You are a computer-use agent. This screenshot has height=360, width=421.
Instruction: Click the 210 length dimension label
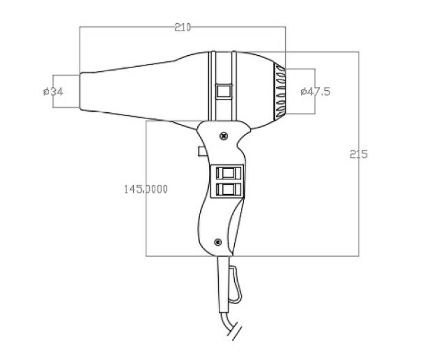[x=182, y=27]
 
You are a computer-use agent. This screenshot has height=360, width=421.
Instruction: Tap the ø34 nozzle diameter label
[x=53, y=92]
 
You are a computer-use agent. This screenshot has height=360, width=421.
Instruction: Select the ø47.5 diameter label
[x=315, y=92]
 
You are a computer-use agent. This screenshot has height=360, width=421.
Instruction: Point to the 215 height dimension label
[x=359, y=154]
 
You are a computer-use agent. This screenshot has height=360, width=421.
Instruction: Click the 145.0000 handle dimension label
[x=146, y=189]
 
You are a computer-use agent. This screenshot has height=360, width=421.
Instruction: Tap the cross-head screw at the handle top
[x=224, y=136]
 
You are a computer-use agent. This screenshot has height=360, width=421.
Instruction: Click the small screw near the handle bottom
[x=218, y=242]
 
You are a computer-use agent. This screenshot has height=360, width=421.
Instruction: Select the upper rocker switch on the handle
[x=228, y=173]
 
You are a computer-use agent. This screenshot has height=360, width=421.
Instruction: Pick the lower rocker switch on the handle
[x=228, y=190]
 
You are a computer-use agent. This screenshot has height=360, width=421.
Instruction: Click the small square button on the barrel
[x=224, y=92]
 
